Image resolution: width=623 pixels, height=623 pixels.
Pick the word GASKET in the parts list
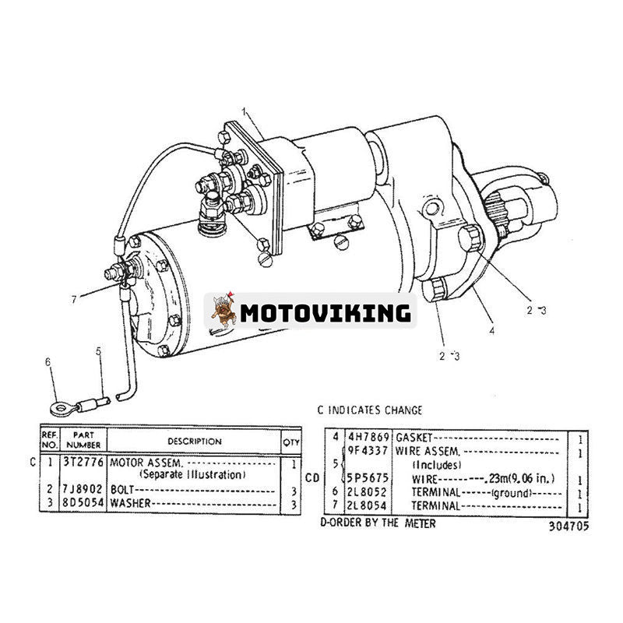click(x=414, y=438)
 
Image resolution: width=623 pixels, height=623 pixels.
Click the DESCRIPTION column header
click(x=194, y=442)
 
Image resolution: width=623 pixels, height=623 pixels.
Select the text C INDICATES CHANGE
click(x=370, y=410)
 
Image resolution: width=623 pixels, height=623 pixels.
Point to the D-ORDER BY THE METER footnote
click(x=378, y=523)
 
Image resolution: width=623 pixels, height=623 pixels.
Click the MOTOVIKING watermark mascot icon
click(x=223, y=312)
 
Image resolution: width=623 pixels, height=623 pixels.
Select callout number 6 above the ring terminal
click(x=48, y=361)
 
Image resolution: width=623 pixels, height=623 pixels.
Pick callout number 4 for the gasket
click(x=491, y=330)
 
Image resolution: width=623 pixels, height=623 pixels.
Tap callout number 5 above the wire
click(x=99, y=352)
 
